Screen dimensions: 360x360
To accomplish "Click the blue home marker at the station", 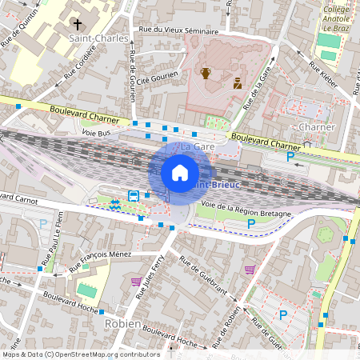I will pos(180,172).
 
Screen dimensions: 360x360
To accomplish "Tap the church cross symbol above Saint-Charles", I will pos(77,24).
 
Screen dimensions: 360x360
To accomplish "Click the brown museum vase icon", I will pos(206,74).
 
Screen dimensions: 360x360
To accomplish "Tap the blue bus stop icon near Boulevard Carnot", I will pos(134,194).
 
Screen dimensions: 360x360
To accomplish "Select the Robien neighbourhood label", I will pos(122,323).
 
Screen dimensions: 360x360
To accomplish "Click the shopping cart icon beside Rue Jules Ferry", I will pos(136,282).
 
